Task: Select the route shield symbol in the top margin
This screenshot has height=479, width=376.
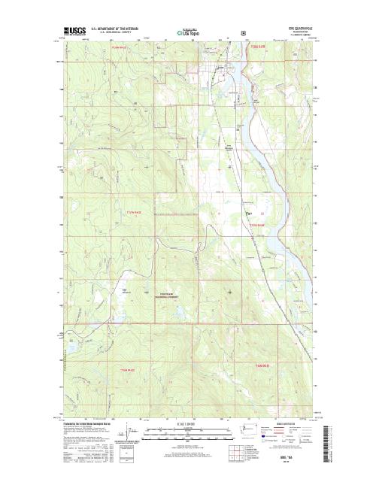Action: (x=242, y=33)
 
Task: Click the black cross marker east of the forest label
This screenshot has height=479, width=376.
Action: (x=229, y=291)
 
